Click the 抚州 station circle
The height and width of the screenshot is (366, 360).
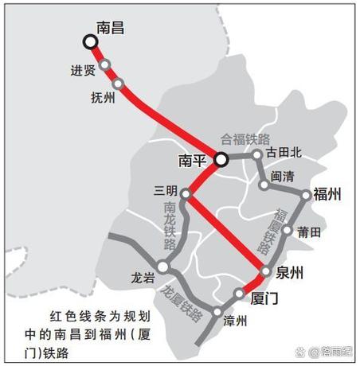119,83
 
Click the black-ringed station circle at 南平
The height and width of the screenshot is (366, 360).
221,159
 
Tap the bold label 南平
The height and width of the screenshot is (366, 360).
194,161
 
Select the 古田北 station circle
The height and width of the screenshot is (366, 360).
257,156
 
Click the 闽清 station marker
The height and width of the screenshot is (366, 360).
264,185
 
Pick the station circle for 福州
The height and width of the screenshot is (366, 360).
306,194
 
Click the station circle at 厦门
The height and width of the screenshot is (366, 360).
239,294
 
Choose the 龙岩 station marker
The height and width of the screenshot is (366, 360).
162,267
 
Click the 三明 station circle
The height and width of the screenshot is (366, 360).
186,193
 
